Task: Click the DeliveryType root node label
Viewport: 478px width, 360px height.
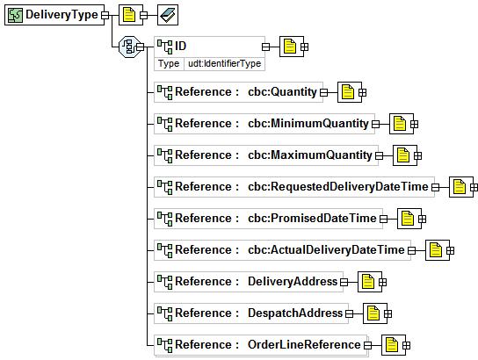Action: (62, 15)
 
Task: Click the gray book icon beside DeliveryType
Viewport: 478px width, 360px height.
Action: (168, 15)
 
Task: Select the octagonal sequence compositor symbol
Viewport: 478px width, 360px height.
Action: (129, 47)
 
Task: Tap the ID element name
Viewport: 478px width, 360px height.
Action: (180, 46)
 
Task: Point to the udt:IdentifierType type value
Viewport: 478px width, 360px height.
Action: (224, 63)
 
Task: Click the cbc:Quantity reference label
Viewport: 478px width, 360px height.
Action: (282, 91)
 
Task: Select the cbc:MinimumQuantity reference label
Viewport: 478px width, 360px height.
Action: (308, 123)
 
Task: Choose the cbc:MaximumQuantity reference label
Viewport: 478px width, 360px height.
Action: (310, 155)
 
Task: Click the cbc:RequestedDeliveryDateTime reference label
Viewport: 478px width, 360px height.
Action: (338, 186)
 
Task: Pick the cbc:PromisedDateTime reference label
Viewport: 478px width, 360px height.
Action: (312, 218)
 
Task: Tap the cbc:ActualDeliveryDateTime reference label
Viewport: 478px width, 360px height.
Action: (326, 249)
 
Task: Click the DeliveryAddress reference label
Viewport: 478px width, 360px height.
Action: (293, 282)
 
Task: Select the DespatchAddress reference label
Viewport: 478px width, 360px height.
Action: (295, 313)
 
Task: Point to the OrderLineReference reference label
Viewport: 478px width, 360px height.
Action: (304, 344)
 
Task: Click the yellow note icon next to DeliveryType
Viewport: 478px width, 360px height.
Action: (128, 15)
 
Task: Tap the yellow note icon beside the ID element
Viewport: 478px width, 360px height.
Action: (290, 47)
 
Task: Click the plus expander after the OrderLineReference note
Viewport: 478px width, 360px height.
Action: (406, 345)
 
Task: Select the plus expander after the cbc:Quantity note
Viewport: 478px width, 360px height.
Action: (363, 92)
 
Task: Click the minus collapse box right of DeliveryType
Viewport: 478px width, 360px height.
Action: (105, 15)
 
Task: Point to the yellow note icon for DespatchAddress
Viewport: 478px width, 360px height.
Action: (373, 313)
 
